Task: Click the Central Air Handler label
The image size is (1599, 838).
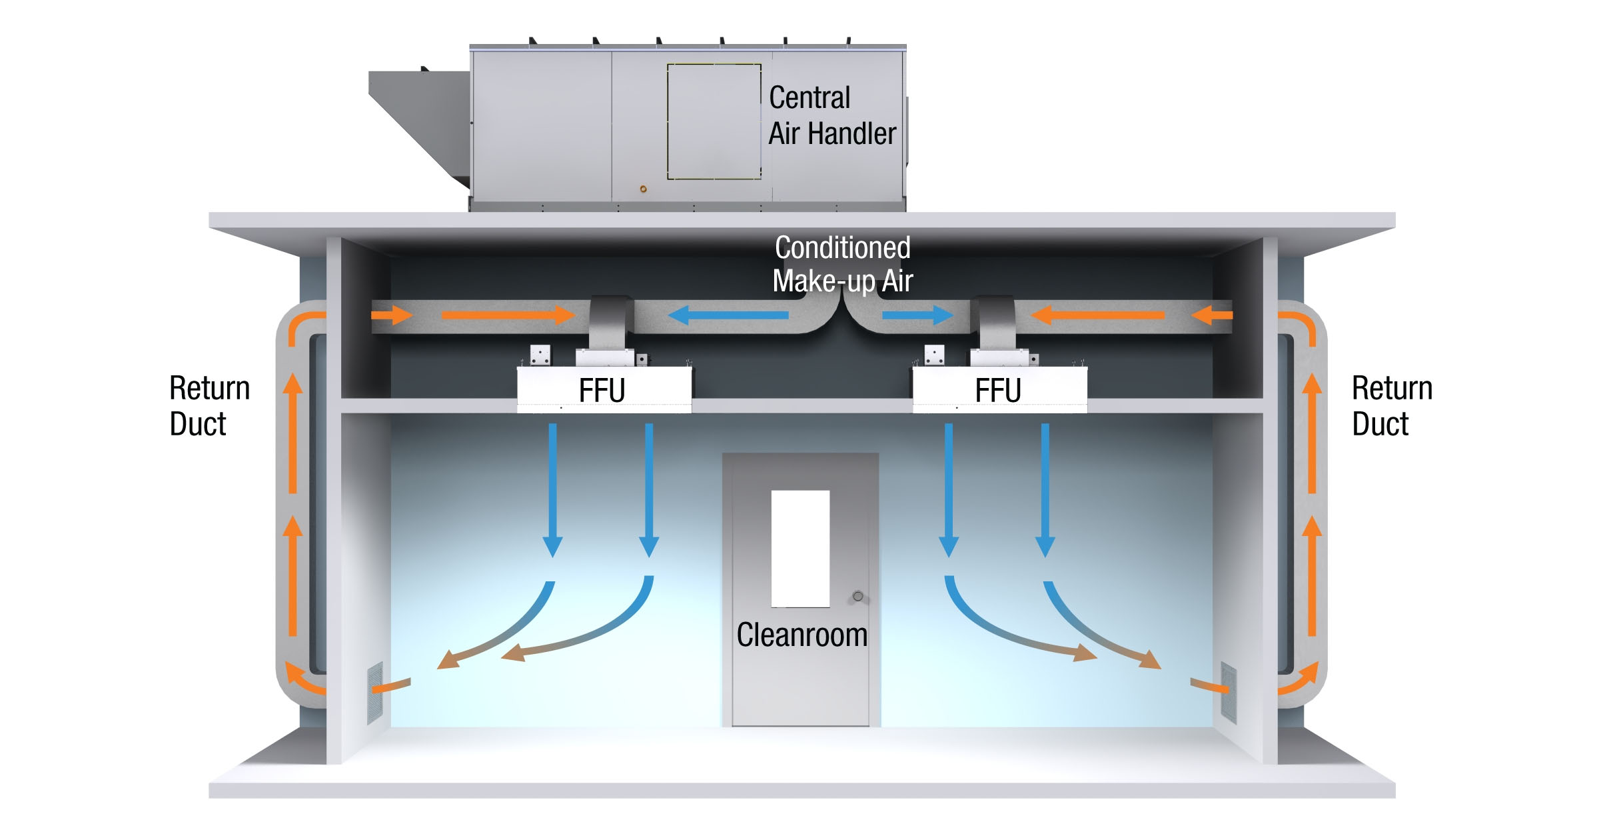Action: tap(831, 115)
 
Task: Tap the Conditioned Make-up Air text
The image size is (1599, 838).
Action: tap(842, 265)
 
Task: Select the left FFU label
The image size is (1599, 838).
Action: tap(602, 391)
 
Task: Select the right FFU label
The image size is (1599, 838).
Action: tap(997, 391)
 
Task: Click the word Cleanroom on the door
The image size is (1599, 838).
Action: tap(801, 635)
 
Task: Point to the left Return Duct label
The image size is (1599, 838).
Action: tap(209, 406)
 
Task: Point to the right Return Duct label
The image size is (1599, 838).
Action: tap(1391, 406)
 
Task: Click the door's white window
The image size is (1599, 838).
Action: tap(800, 549)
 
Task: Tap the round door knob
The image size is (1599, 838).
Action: tap(858, 596)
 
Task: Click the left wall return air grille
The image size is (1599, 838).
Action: tap(375, 693)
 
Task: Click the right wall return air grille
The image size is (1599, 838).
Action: tap(1229, 693)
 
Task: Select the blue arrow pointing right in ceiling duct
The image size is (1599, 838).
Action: tap(918, 315)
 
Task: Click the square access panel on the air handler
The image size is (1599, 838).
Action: tap(714, 121)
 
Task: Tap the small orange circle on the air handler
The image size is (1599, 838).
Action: tap(643, 189)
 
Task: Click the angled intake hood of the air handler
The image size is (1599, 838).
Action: tap(416, 120)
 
